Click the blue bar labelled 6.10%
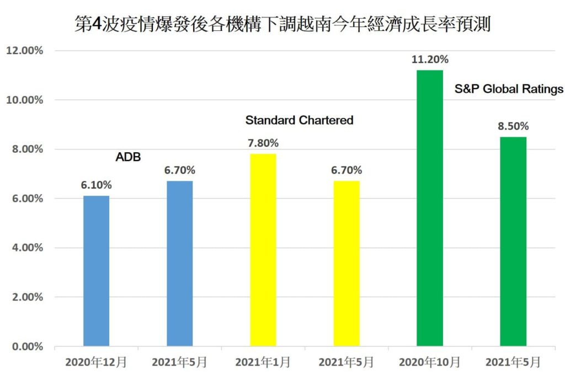click(97, 271)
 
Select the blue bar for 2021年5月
click(180, 264)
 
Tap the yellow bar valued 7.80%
click(263, 250)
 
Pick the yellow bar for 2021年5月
click(347, 264)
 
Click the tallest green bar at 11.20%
click(430, 208)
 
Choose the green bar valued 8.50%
click(513, 241)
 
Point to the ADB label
click(128, 158)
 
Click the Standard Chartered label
click(299, 120)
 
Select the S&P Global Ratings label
click(509, 88)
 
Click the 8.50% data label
click(513, 126)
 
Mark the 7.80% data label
click(263, 143)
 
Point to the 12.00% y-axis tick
click(25, 51)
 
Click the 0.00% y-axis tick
click(26, 346)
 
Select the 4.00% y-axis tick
click(26, 248)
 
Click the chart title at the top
click(282, 25)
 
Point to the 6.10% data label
click(97, 185)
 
